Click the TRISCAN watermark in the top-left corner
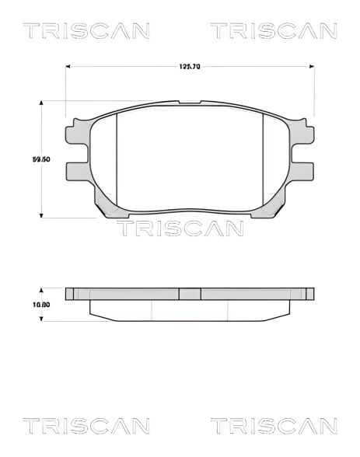click(x=86, y=31)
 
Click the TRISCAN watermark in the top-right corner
click(x=274, y=31)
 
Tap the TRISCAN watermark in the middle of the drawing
click(x=180, y=228)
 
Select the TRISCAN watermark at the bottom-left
click(x=86, y=426)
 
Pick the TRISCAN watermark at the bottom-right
click(x=274, y=426)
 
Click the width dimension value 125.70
click(x=190, y=67)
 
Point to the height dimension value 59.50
click(x=41, y=159)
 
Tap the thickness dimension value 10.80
click(x=41, y=305)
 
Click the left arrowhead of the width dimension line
click(x=68, y=67)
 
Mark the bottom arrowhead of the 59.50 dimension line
click(x=41, y=215)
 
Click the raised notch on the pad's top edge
click(x=190, y=103)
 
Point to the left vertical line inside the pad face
click(x=116, y=155)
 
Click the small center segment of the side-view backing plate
click(x=190, y=294)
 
